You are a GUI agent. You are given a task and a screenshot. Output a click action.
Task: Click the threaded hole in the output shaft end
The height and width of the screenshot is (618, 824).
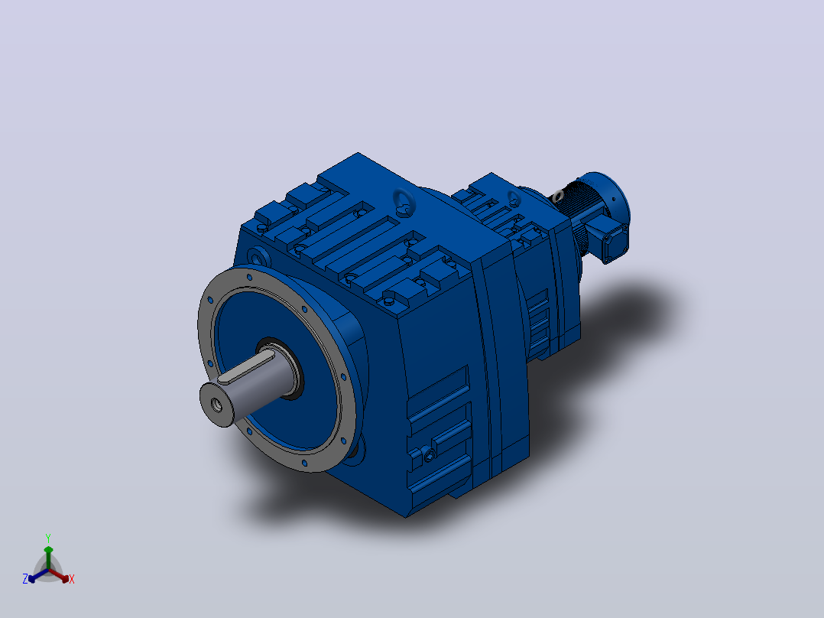[x=216, y=405]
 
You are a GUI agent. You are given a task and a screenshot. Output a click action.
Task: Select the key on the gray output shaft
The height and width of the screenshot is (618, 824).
[x=246, y=366]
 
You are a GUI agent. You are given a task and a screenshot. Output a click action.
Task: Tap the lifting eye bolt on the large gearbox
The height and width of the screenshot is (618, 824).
[x=404, y=202]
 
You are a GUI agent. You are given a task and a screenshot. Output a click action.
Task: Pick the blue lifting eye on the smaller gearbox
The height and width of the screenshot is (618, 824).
[x=514, y=198]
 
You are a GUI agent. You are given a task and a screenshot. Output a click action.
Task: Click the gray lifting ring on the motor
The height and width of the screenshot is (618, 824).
[x=557, y=197]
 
